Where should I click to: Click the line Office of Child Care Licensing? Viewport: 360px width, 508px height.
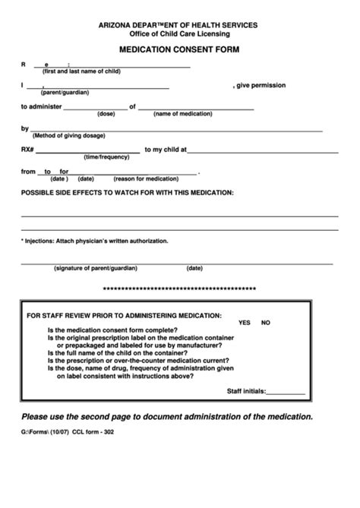click(x=179, y=34)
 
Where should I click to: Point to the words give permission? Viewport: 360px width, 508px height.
click(x=261, y=85)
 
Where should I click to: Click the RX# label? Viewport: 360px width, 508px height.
click(x=28, y=150)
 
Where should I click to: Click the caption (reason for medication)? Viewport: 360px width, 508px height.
click(x=146, y=178)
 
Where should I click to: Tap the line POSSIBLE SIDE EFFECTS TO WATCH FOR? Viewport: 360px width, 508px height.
click(x=127, y=193)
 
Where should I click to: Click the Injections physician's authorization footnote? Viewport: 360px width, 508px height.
click(x=94, y=241)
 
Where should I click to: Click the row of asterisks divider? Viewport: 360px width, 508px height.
click(x=179, y=289)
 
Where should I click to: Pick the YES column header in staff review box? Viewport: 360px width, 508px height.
click(x=244, y=323)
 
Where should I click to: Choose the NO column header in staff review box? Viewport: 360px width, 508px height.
click(x=266, y=323)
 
